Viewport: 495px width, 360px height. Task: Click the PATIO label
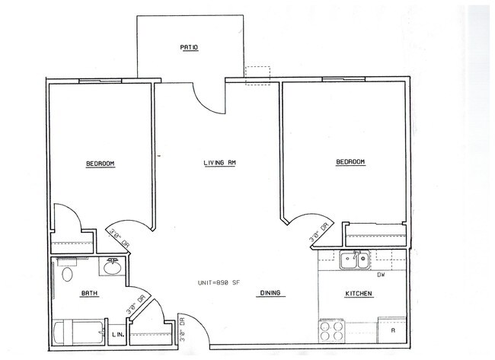189,47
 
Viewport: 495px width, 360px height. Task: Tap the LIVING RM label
220,163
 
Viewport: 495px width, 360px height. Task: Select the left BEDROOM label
101,164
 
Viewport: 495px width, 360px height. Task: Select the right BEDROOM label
350,161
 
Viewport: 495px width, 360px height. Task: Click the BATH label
90,293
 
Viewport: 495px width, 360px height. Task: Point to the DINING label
270,293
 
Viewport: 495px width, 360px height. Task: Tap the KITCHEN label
359,294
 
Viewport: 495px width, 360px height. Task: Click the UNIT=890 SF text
219,282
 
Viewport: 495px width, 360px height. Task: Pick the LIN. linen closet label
118,334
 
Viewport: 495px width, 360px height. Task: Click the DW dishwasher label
381,275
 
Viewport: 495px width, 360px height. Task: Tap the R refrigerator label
393,330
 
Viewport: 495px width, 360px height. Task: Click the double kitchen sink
355,260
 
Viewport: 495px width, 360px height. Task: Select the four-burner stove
331,330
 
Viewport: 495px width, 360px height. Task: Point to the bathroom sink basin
112,268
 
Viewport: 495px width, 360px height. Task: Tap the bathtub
78,333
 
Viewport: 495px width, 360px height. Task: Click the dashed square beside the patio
258,75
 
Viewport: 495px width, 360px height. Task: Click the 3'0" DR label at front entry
182,329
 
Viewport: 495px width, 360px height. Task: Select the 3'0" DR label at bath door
136,304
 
